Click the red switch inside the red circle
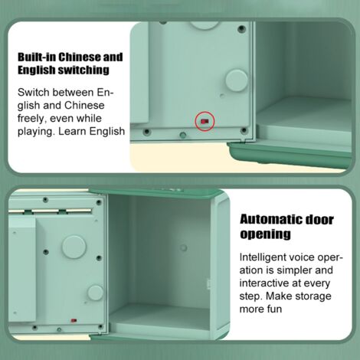(205, 121)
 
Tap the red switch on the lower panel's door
(74, 320)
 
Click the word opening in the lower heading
(265, 234)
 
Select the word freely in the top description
(32, 119)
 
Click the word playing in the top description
(36, 132)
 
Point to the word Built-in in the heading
(37, 57)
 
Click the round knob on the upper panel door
(237, 80)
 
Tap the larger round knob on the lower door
(74, 247)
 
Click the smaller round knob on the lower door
(96, 293)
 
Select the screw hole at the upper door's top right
(241, 29)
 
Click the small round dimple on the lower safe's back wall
(183, 247)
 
